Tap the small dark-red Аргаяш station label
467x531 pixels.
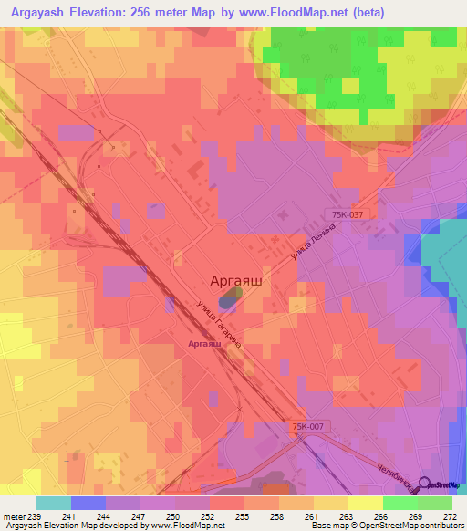pyautogui.click(x=204, y=343)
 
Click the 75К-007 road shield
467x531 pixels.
pyautogui.click(x=310, y=427)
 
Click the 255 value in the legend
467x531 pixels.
pyautogui.click(x=243, y=515)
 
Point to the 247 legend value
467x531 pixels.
pyautogui.click(x=139, y=515)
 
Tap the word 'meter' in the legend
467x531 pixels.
pyautogui.click(x=13, y=515)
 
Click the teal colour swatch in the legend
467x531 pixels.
pyautogui.click(x=54, y=503)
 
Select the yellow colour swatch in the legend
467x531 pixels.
pyautogui.click(x=366, y=503)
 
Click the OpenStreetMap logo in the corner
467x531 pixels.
pyautogui.click(x=444, y=484)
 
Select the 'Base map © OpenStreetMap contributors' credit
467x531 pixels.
pyautogui.click(x=386, y=526)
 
